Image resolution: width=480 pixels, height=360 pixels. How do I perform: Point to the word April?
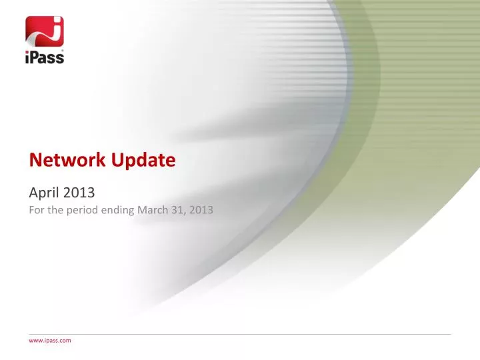tap(43, 193)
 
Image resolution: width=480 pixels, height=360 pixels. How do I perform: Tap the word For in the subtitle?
tap(35, 211)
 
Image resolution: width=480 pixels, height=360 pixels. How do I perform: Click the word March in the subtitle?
tap(151, 211)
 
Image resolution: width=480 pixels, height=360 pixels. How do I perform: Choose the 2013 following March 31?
tap(200, 211)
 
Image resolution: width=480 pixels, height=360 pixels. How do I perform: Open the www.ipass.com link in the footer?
tap(49, 340)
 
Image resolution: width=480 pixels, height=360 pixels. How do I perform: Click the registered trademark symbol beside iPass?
tap(63, 50)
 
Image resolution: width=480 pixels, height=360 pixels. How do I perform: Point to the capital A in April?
tap(33, 193)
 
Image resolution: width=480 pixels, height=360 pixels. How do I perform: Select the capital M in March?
tap(141, 211)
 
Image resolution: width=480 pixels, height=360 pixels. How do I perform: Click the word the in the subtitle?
tap(52, 211)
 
